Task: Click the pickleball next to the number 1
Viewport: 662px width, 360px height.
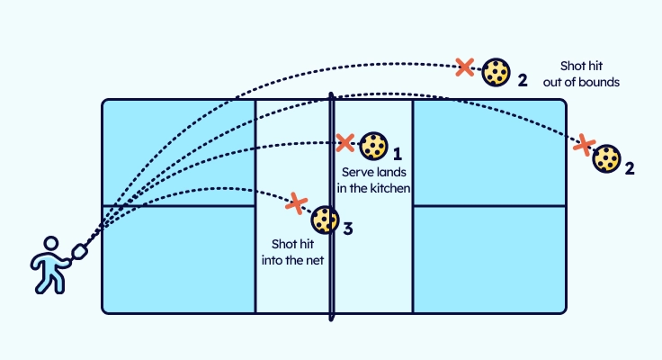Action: pyautogui.click(x=374, y=145)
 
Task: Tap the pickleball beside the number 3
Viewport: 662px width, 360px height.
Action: pyautogui.click(x=325, y=220)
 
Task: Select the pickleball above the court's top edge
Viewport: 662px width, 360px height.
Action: pyautogui.click(x=495, y=72)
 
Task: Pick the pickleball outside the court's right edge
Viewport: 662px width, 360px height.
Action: pyautogui.click(x=608, y=159)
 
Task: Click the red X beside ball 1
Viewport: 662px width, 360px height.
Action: pyautogui.click(x=344, y=142)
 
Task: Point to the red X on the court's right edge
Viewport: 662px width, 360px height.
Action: pyautogui.click(x=585, y=143)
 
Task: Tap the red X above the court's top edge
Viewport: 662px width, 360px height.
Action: pyautogui.click(x=464, y=66)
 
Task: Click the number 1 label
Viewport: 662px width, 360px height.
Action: pyautogui.click(x=397, y=154)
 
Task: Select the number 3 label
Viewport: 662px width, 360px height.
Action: pyautogui.click(x=347, y=229)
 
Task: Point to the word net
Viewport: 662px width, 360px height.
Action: pyautogui.click(x=314, y=260)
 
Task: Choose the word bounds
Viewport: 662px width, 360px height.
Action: pyautogui.click(x=599, y=82)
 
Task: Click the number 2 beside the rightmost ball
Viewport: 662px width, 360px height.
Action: pyautogui.click(x=630, y=168)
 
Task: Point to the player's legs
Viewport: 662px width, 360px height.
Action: pyautogui.click(x=49, y=281)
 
